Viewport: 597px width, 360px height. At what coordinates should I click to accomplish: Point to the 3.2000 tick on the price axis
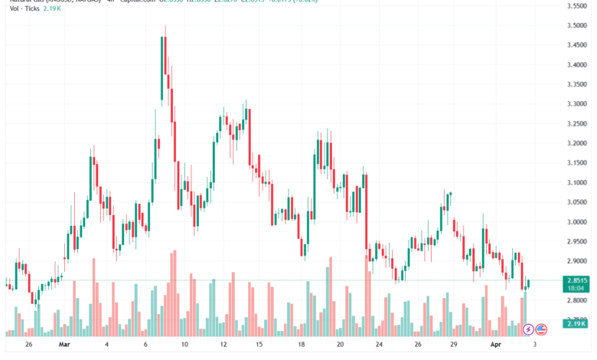(x=578, y=143)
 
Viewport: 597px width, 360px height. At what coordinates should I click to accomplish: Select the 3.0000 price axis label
(x=578, y=222)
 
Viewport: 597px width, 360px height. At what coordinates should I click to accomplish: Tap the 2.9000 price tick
(x=578, y=261)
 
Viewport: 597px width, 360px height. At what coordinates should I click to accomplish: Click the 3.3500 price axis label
(x=578, y=84)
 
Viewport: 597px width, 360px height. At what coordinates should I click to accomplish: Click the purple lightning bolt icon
(x=528, y=329)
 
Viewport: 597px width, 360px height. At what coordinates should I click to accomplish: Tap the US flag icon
(x=541, y=329)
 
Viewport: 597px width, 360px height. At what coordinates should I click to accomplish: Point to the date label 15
(x=260, y=345)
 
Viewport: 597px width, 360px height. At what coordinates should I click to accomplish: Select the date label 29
(x=454, y=345)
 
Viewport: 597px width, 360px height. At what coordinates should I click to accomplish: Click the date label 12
(x=222, y=345)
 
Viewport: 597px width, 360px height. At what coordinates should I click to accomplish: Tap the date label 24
(x=377, y=345)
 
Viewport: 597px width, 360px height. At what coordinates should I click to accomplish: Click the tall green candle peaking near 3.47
(x=162, y=67)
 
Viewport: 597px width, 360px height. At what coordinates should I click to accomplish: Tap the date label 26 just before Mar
(x=29, y=345)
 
